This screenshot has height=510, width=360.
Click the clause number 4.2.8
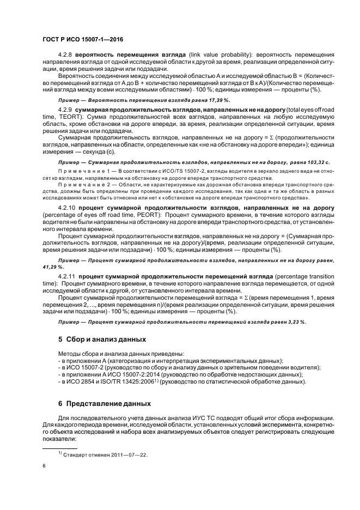tap(66, 55)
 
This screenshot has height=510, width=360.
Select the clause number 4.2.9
tap(66, 110)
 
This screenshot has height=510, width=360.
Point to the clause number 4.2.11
tap(68, 271)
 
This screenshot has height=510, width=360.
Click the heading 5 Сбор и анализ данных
tap(102, 339)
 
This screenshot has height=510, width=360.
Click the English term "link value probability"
tap(223, 55)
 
